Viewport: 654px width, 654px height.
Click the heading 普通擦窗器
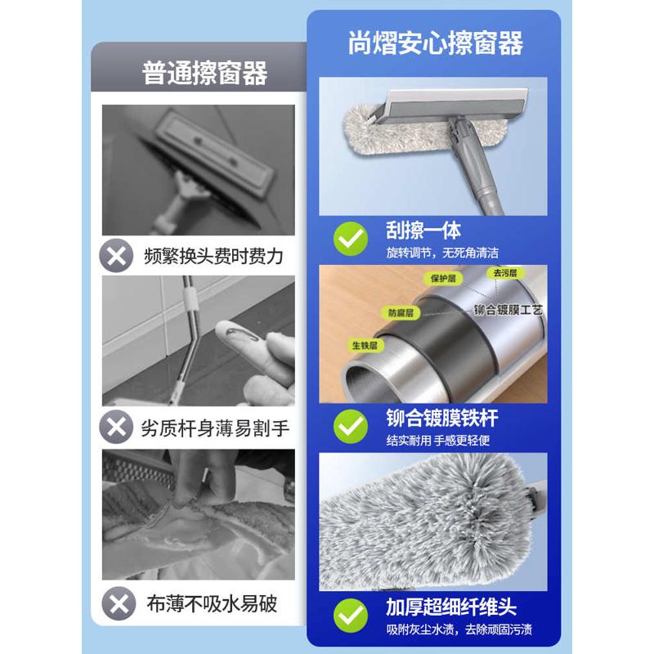[x=204, y=74]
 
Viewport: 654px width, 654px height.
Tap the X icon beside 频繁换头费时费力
[x=118, y=255]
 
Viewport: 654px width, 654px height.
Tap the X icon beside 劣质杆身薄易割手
[x=118, y=427]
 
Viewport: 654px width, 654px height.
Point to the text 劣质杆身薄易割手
[x=215, y=428]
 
